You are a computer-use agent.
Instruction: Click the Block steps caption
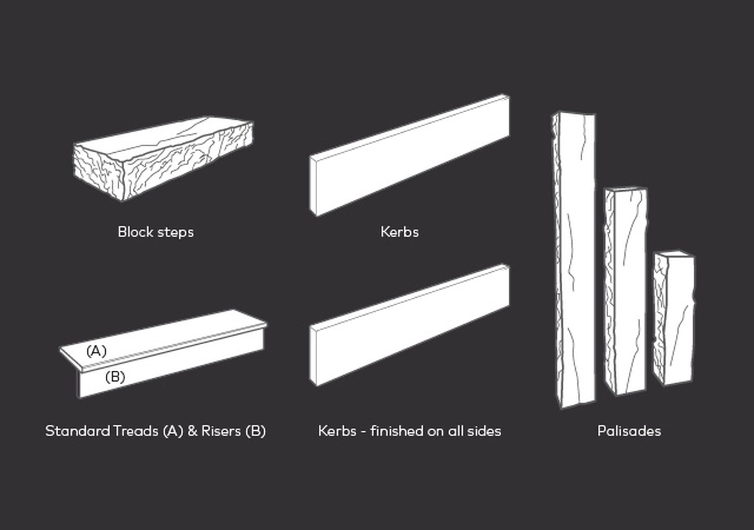pyautogui.click(x=156, y=232)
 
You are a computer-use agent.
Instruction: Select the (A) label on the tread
pyautogui.click(x=96, y=351)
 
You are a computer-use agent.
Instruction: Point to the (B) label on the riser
pyautogui.click(x=115, y=377)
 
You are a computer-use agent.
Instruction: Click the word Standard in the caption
pyautogui.click(x=77, y=431)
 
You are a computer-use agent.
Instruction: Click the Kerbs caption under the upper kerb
pyautogui.click(x=399, y=232)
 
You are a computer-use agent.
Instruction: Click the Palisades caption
pyautogui.click(x=629, y=431)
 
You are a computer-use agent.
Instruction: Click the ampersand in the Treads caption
pyautogui.click(x=192, y=431)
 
